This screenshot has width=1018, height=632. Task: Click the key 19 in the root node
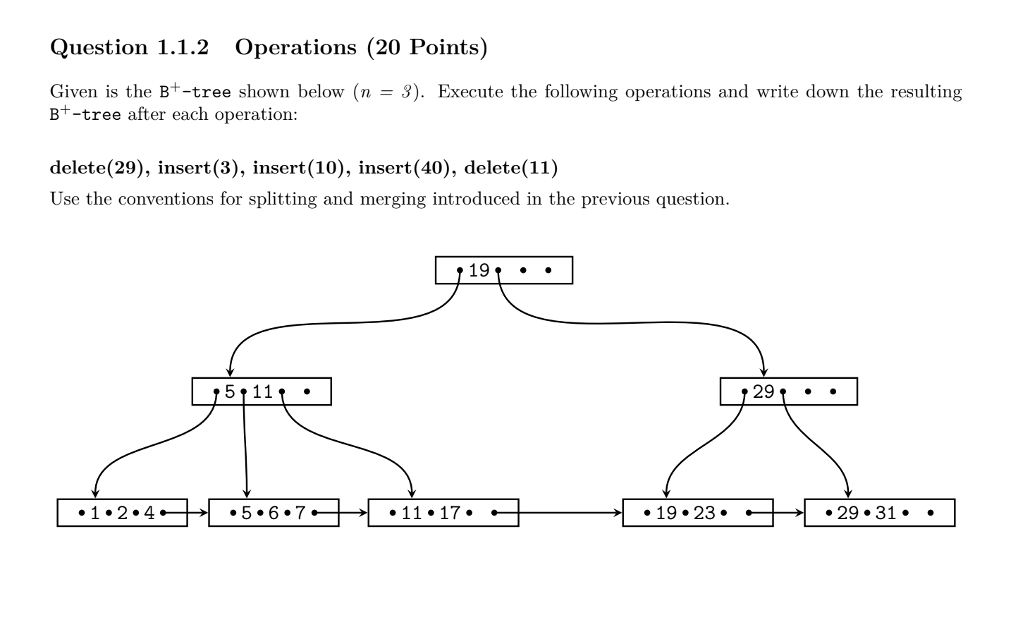pyautogui.click(x=479, y=271)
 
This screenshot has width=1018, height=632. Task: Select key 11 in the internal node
pyautogui.click(x=262, y=392)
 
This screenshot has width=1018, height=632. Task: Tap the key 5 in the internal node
pyautogui.click(x=230, y=392)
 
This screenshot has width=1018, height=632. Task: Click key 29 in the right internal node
pyautogui.click(x=763, y=392)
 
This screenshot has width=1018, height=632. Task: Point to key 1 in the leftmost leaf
pyautogui.click(x=94, y=513)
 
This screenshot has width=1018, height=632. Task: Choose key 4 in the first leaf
pyautogui.click(x=149, y=513)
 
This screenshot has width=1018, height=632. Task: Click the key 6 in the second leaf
pyautogui.click(x=273, y=513)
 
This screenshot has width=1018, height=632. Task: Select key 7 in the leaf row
pyautogui.click(x=300, y=513)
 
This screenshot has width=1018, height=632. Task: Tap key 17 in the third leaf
pyautogui.click(x=450, y=513)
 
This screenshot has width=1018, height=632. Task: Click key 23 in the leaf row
pyautogui.click(x=704, y=513)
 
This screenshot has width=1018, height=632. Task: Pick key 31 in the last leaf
pyautogui.click(x=885, y=513)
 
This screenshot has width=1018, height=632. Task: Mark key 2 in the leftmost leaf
pyautogui.click(x=122, y=513)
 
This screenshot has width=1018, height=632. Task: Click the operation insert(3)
pyautogui.click(x=200, y=168)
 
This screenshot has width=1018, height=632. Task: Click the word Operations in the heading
pyautogui.click(x=296, y=47)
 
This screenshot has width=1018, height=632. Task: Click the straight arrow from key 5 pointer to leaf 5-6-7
pyautogui.click(x=245, y=444)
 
